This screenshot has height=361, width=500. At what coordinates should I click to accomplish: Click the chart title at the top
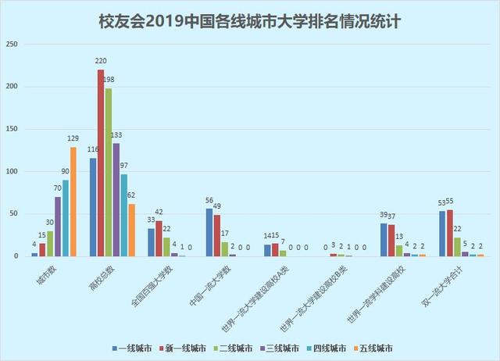point(250,20)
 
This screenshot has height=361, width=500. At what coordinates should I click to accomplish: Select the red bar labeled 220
point(101,163)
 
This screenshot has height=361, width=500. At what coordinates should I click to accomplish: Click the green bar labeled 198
point(109,173)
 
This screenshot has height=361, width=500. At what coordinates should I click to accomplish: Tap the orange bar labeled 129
point(73,202)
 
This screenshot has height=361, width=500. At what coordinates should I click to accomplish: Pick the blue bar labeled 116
point(93,207)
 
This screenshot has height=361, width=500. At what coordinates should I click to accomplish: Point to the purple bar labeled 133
point(116,200)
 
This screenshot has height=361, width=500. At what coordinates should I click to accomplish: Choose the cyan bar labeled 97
point(124,215)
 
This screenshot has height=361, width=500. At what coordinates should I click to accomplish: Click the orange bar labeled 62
point(131,230)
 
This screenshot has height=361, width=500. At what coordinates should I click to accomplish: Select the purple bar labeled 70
point(58,227)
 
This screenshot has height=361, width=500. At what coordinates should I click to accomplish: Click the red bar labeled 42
point(159,238)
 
